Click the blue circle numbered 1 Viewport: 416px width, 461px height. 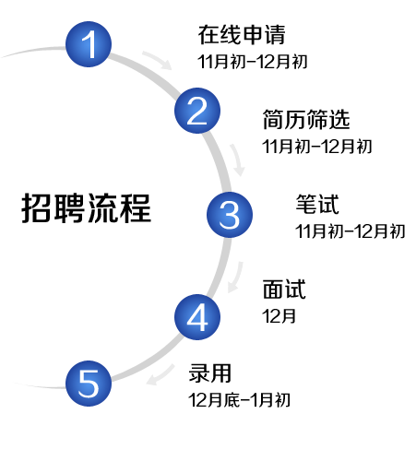point(89,44)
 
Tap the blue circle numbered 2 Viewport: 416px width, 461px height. point(197,111)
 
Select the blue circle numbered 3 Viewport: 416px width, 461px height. point(230,215)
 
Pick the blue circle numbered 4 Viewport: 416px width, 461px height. point(197,317)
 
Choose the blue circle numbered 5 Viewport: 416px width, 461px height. point(89,384)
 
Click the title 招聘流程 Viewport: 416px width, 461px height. point(87,208)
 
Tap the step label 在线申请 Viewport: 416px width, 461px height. point(242,35)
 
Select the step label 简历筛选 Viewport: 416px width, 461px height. point(306,119)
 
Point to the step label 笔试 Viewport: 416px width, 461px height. point(317,204)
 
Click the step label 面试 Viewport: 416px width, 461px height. point(284,289)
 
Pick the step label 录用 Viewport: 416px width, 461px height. point(210,373)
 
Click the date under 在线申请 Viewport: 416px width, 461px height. point(253,62)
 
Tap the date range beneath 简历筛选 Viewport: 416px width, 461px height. point(317,147)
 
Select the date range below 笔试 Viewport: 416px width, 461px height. point(351,231)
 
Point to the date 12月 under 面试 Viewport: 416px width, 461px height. point(279,316)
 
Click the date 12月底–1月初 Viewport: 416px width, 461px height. point(240,400)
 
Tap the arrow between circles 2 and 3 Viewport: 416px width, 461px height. point(237,160)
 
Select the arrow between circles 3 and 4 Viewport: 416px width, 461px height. point(236,278)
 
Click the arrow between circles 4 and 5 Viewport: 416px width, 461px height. point(160,375)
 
